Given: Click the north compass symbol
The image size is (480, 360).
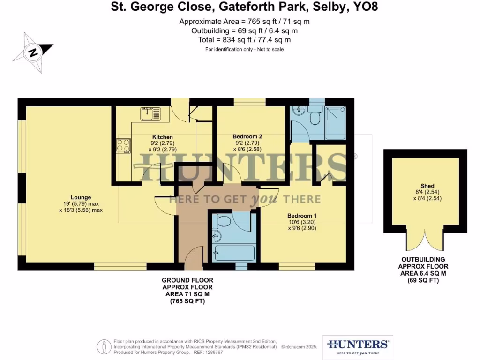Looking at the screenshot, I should point(33,52).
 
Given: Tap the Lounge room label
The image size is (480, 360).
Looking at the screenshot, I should point(81,197).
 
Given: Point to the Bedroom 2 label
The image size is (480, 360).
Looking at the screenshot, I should point(247,137).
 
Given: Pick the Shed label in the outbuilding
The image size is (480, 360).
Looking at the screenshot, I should point(427,186).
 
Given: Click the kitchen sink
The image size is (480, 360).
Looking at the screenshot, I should point(150,113).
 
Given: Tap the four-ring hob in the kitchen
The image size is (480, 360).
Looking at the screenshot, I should point(124,145).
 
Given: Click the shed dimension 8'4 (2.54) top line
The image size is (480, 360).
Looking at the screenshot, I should point(427,192).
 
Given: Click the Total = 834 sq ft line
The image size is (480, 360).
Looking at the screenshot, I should point(244,40).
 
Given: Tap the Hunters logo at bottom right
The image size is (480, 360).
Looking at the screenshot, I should point(358,347).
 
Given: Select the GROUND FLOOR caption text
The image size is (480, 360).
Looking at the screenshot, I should point(187,280).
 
